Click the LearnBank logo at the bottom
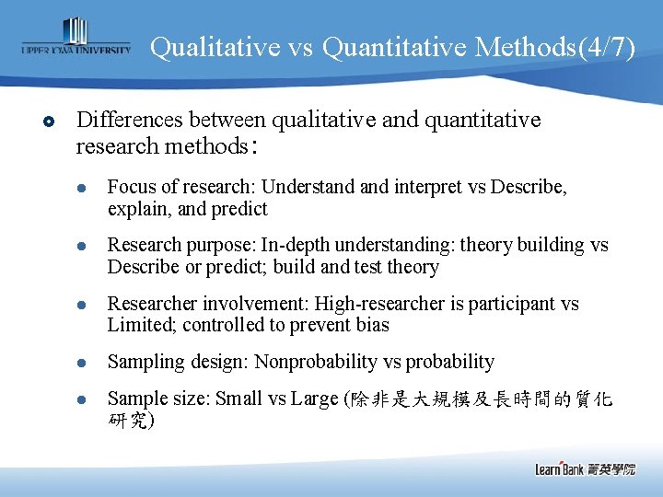(585, 468)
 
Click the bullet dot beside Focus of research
(81, 188)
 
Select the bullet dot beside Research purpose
(81, 246)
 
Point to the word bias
(374, 325)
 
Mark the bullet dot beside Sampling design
(81, 363)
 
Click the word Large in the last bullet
(316, 399)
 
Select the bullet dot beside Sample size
(81, 399)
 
